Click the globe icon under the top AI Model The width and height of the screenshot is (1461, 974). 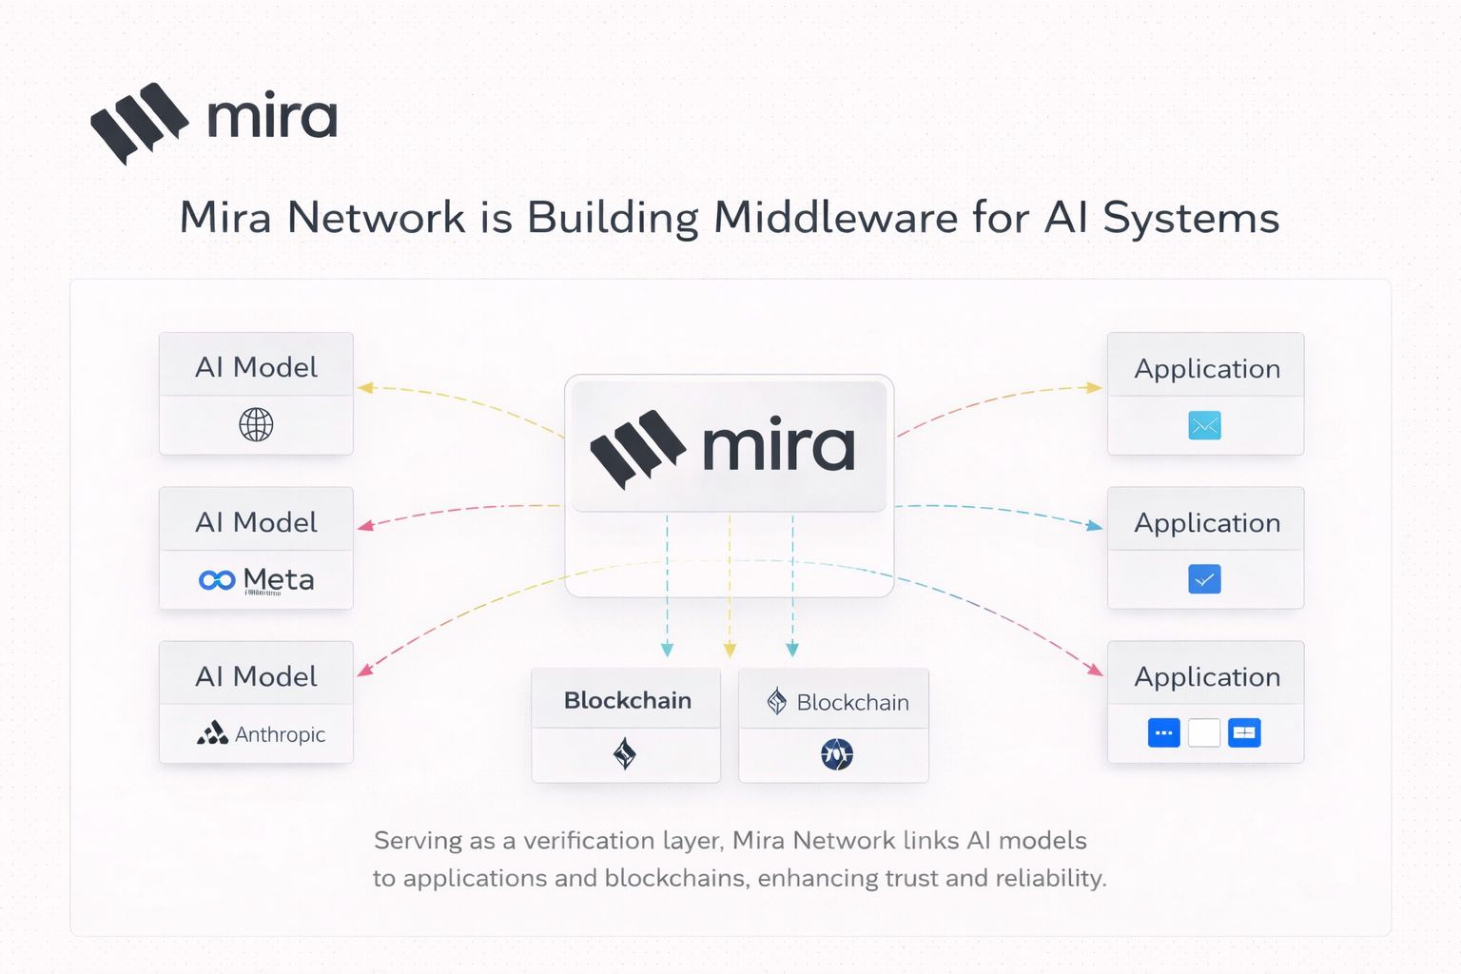(256, 424)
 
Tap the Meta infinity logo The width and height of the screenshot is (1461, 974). (217, 580)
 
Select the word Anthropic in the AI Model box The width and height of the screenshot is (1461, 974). (280, 734)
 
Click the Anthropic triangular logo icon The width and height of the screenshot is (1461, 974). (212, 732)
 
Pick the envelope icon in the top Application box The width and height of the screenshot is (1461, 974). (1204, 425)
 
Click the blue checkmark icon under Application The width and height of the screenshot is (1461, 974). (1204, 579)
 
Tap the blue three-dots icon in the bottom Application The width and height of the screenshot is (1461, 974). (1163, 733)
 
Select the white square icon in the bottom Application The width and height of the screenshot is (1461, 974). (1204, 733)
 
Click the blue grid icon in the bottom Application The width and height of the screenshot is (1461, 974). (1244, 733)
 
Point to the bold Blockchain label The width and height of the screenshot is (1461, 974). (627, 701)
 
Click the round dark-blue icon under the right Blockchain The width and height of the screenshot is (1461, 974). (837, 754)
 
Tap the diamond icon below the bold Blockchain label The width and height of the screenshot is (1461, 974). (625, 754)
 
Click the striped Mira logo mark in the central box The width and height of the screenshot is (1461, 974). (637, 449)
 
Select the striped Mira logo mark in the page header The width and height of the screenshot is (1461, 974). (139, 122)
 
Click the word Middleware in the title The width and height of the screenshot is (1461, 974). (836, 218)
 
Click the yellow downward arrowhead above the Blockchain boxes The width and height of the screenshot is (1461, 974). (730, 651)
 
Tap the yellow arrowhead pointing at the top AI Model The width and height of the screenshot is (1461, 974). (365, 387)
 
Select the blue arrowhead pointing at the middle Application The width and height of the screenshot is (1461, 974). (1095, 525)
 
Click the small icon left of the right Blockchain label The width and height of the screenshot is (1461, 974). (777, 702)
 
